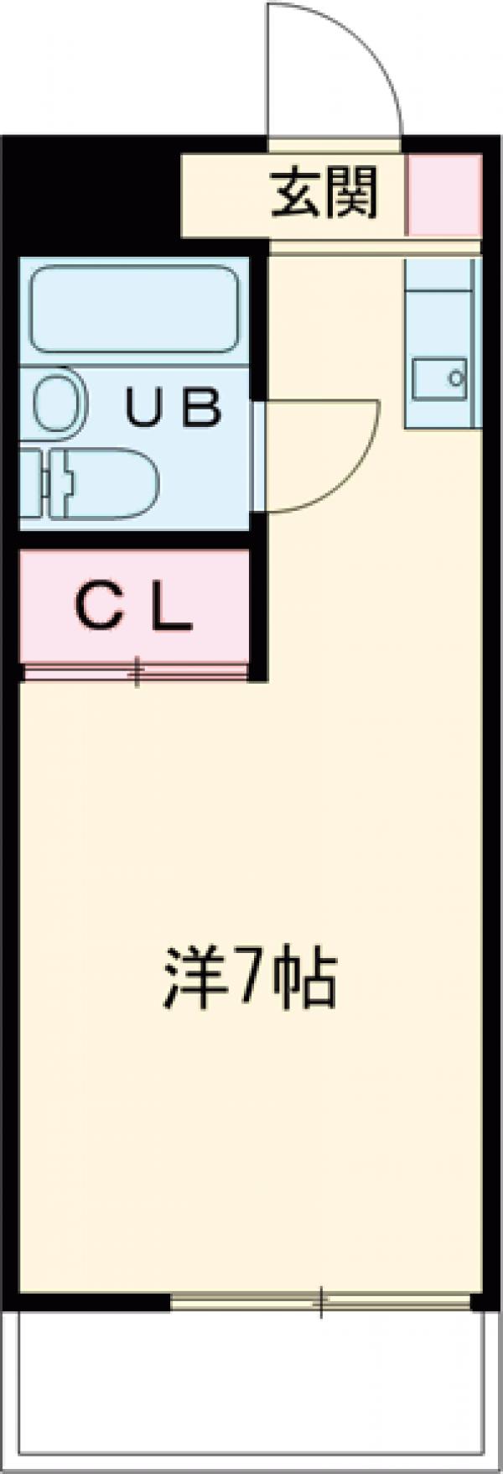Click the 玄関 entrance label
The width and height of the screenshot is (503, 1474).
[x=324, y=193]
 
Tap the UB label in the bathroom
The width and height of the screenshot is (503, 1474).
[x=174, y=409]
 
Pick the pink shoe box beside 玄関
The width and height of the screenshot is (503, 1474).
[x=444, y=195]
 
